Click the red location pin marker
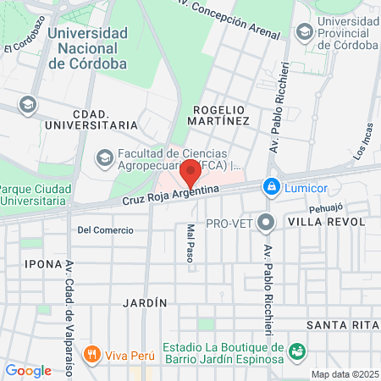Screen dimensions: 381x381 (x=191, y=172)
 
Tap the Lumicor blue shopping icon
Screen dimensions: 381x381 (x=270, y=185)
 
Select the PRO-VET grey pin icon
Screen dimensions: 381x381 (x=267, y=223)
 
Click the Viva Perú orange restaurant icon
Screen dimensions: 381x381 (x=93, y=354)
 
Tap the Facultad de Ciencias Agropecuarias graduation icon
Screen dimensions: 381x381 (x=104, y=157)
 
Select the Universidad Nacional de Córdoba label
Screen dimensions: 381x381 (x=88, y=47)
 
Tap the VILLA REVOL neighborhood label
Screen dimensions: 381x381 (x=326, y=222)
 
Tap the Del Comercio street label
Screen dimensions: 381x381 (x=105, y=230)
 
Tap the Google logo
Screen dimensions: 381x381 (x=28, y=370)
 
